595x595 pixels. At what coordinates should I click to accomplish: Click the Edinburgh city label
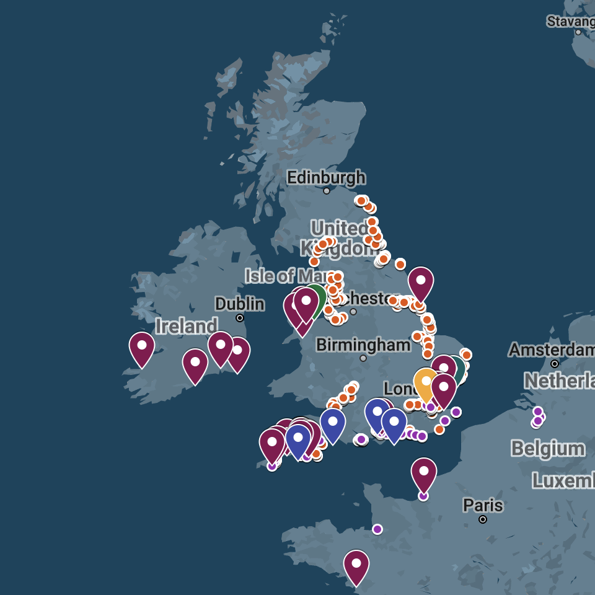pyautogui.click(x=326, y=178)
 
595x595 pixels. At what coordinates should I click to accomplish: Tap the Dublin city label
pyautogui.click(x=240, y=304)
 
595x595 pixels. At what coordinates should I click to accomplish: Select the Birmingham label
pyautogui.click(x=363, y=345)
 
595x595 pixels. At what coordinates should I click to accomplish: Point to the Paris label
pyautogui.click(x=483, y=506)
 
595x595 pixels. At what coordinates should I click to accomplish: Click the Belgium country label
pyautogui.click(x=548, y=449)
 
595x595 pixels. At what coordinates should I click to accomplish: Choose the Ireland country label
pyautogui.click(x=187, y=326)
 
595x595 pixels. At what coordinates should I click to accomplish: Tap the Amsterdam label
pyautogui.click(x=552, y=350)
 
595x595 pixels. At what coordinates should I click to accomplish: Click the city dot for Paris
pyautogui.click(x=483, y=519)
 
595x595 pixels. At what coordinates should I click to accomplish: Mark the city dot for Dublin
pyautogui.click(x=240, y=318)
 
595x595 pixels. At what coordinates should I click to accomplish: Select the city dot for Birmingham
pyautogui.click(x=363, y=358)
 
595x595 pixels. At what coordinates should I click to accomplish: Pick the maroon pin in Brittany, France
pyautogui.click(x=356, y=565)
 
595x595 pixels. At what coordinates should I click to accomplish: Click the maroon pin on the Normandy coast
pyautogui.click(x=424, y=473)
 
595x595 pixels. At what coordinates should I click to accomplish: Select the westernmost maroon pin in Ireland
pyautogui.click(x=142, y=347)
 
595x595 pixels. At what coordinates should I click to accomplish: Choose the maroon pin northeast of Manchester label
pyautogui.click(x=421, y=282)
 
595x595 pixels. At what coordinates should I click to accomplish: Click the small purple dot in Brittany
pyautogui.click(x=377, y=529)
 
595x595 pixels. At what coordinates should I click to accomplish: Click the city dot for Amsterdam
pyautogui.click(x=555, y=364)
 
